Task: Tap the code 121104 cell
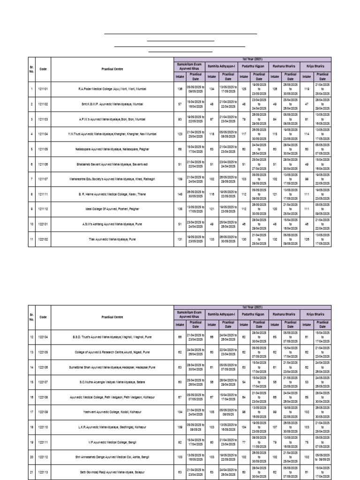[43, 134]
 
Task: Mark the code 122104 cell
[43, 337]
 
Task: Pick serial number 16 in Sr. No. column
[32, 397]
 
